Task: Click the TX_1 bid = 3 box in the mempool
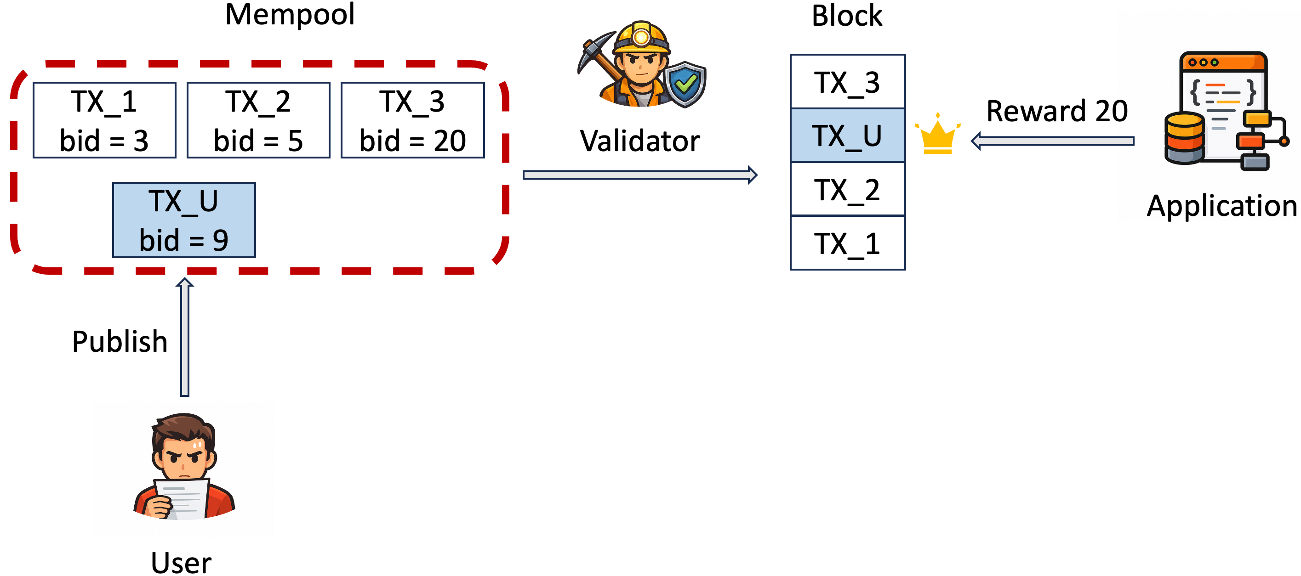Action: pyautogui.click(x=104, y=120)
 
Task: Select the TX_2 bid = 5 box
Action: pyautogui.click(x=258, y=120)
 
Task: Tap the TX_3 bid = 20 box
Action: pyautogui.click(x=413, y=120)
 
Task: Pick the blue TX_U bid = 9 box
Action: pyautogui.click(x=184, y=220)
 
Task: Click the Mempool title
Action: pyautogui.click(x=290, y=14)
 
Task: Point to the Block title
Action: pyautogui.click(x=847, y=15)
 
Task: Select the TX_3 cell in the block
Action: pyautogui.click(x=847, y=81)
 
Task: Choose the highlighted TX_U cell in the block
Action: pyautogui.click(x=847, y=136)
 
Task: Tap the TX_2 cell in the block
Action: pyautogui.click(x=847, y=189)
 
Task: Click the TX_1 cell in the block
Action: pyautogui.click(x=847, y=243)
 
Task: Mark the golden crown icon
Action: pyautogui.click(x=937, y=134)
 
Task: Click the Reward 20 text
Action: pyautogui.click(x=1057, y=111)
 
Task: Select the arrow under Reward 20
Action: pyautogui.click(x=1052, y=141)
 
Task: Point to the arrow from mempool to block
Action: pyautogui.click(x=640, y=175)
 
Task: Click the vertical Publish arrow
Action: pyautogui.click(x=185, y=337)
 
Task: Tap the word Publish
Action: pyautogui.click(x=120, y=341)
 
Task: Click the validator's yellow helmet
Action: pyautogui.click(x=641, y=38)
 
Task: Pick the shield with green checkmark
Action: pyautogui.click(x=685, y=85)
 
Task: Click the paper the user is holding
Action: pyautogui.click(x=182, y=499)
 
